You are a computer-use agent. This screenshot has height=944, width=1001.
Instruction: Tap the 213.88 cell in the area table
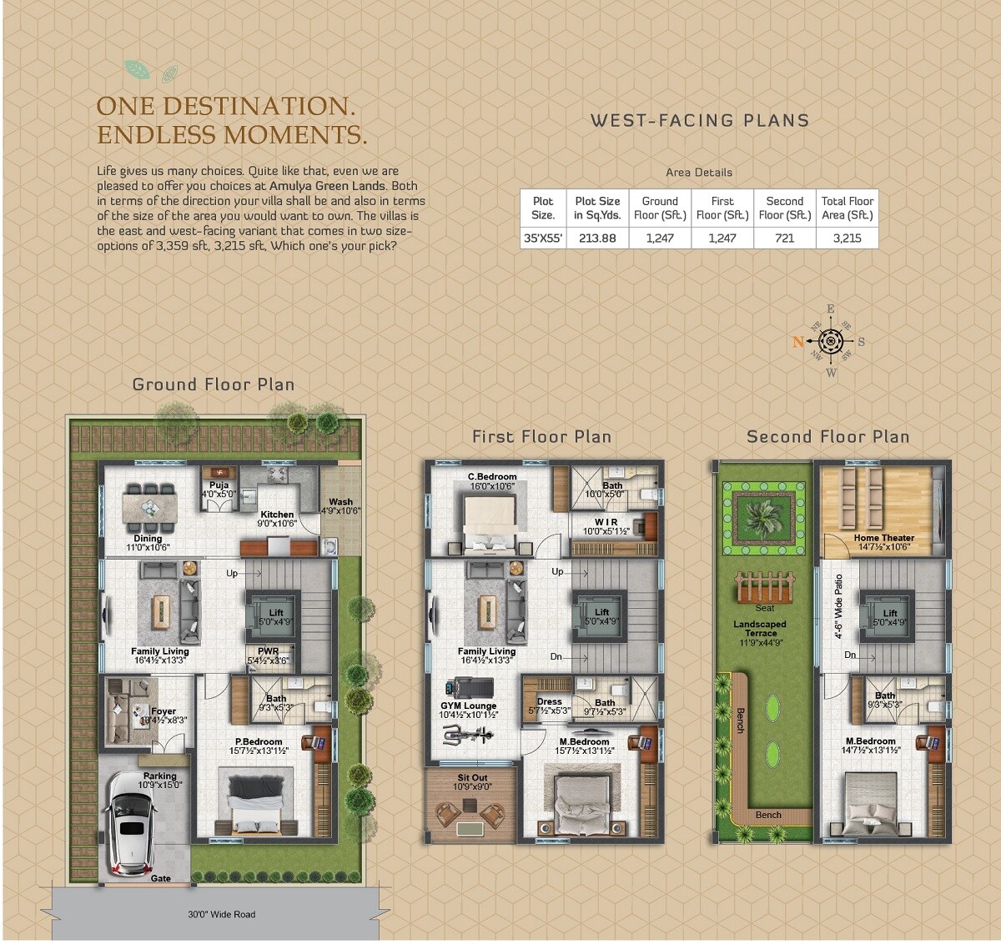[x=597, y=238]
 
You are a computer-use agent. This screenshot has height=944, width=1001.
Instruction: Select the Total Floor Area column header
[x=847, y=208]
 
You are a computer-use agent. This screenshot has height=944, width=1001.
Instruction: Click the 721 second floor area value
[x=784, y=238]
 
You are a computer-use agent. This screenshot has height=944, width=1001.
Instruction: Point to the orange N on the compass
[x=798, y=341]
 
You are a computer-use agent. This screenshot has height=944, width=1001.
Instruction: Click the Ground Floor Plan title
[x=214, y=384]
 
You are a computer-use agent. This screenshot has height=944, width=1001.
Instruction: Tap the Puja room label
[x=219, y=485]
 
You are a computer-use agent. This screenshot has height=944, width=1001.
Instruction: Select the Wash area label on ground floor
[x=340, y=502]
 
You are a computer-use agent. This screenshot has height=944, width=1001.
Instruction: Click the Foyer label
[x=163, y=711]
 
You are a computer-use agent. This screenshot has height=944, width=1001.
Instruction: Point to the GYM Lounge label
[x=468, y=705]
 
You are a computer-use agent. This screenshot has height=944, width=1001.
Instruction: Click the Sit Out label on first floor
[x=472, y=778]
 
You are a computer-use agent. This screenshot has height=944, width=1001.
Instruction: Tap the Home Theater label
[x=883, y=538]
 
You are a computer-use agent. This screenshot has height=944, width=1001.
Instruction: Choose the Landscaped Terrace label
[x=760, y=628]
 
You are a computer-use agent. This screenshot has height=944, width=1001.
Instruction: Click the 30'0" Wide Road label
[x=221, y=914]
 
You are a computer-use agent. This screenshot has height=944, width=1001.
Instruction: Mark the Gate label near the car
[x=161, y=878]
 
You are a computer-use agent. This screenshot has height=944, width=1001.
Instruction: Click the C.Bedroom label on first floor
[x=492, y=477]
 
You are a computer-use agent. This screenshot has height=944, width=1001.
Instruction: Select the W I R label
[x=606, y=523]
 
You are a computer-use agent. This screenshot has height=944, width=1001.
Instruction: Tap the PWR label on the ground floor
[x=269, y=651]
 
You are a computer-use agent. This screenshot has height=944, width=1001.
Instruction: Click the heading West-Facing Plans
[x=700, y=121]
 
